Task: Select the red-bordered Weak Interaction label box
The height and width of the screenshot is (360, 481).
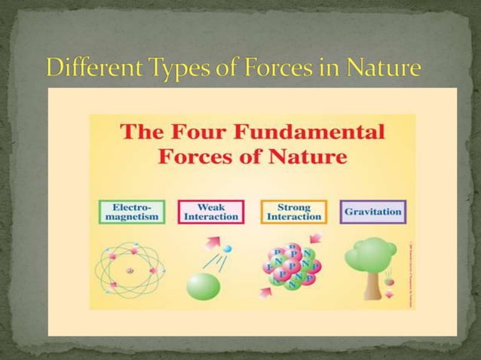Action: click(211, 212)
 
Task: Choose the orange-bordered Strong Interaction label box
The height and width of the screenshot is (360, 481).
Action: click(293, 212)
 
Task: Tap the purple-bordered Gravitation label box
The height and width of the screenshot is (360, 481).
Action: click(372, 212)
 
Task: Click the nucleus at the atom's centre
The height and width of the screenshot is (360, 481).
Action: click(130, 269)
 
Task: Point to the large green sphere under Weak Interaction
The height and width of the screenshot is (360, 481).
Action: click(203, 287)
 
